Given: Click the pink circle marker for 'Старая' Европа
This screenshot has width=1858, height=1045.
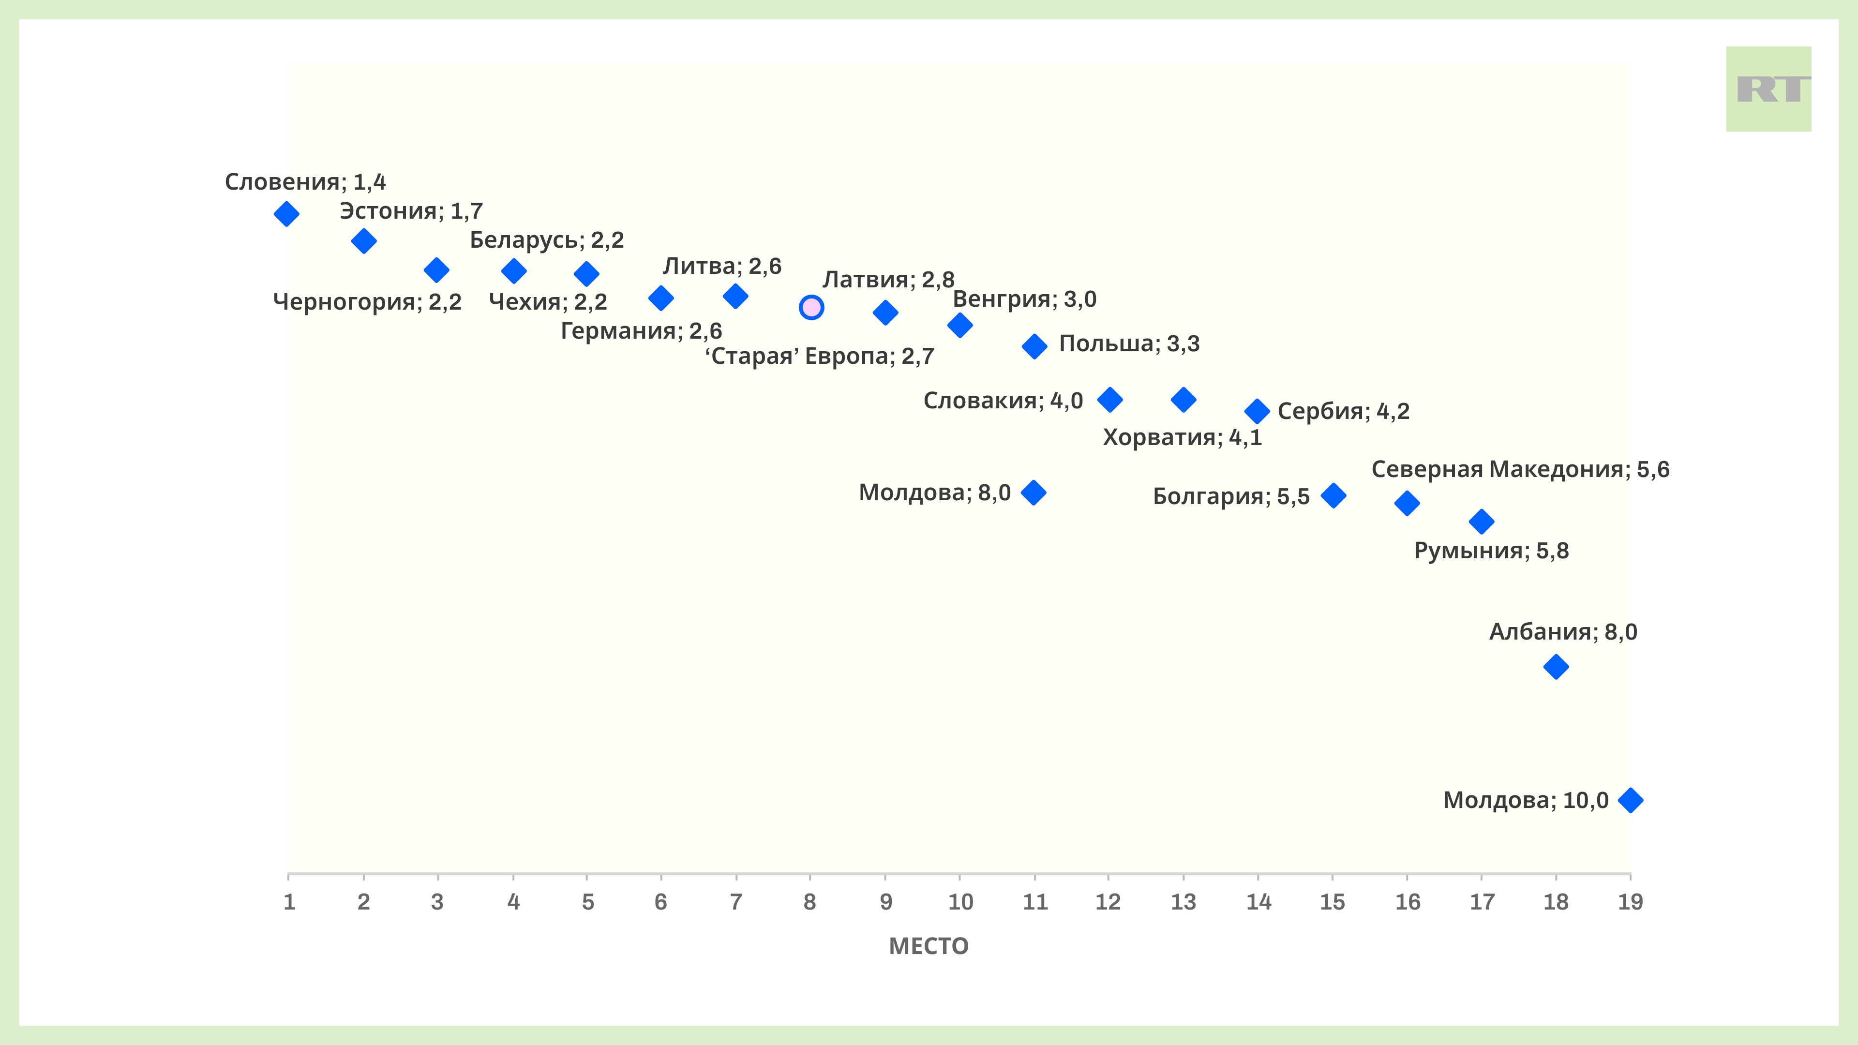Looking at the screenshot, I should (811, 307).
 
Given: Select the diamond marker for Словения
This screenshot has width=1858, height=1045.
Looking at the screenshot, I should (286, 213).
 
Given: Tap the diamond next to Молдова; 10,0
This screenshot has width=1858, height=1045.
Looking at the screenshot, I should (1630, 800).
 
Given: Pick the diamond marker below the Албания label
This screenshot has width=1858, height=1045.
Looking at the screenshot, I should (1556, 666).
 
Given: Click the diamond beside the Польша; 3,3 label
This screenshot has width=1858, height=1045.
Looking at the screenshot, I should (1034, 346).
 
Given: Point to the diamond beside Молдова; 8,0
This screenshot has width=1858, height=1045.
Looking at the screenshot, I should (1034, 493).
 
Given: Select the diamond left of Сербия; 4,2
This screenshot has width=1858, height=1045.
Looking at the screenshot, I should (1257, 411).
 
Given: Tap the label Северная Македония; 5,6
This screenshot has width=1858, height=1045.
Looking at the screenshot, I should (1520, 469).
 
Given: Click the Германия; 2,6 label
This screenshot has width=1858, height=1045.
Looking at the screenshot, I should (641, 331).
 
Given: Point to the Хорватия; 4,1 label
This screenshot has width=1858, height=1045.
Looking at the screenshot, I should (1182, 437).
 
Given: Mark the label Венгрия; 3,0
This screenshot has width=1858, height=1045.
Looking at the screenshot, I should (1024, 299).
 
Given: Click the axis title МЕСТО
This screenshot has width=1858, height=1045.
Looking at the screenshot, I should (929, 946).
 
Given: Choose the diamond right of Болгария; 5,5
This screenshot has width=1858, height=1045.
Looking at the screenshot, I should (1334, 495).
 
